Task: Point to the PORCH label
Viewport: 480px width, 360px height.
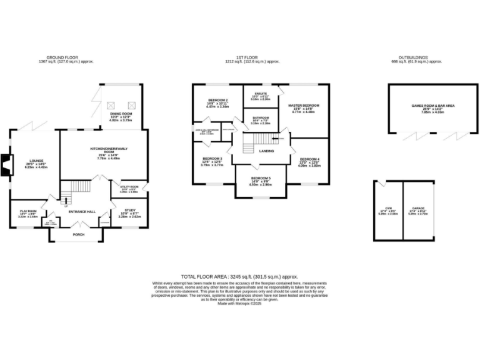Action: pos(79,234)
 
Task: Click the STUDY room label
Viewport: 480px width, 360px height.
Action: pos(129,211)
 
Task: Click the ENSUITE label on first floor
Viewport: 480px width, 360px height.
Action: pos(260,94)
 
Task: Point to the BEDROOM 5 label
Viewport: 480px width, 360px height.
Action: pos(261,178)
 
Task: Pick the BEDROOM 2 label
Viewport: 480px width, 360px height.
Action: pos(217,101)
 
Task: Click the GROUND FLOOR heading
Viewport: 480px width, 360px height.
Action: pos(66,57)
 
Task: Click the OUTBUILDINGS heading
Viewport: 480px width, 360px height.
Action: pos(416,57)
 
